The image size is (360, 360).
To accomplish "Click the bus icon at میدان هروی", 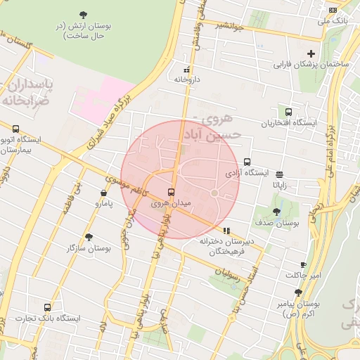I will pos(171,192).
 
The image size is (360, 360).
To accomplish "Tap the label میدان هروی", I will pos(171,203).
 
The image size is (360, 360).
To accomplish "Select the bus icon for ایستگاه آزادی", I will pos(247,162).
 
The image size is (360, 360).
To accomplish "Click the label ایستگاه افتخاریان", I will pos(290,123).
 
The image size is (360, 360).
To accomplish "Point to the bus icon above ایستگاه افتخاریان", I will pos(289,112).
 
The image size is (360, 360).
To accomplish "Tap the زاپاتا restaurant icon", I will pos(280,174).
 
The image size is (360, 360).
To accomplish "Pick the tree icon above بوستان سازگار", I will pos(89,237).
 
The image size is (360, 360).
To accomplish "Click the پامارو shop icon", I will pos(104,193).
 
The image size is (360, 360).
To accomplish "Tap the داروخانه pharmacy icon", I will pos(187,70).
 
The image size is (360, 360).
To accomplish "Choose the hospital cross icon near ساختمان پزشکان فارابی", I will pos(311,53).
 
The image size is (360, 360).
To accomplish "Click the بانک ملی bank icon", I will pos(333,10).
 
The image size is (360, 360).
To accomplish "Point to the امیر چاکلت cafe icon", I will pos(303,264).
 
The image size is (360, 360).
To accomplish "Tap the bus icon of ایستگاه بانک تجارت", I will pos(47,307).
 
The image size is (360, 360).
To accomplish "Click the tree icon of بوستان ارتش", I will pos(84,14).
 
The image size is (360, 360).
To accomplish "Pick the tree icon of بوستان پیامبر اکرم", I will pos(299,292).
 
